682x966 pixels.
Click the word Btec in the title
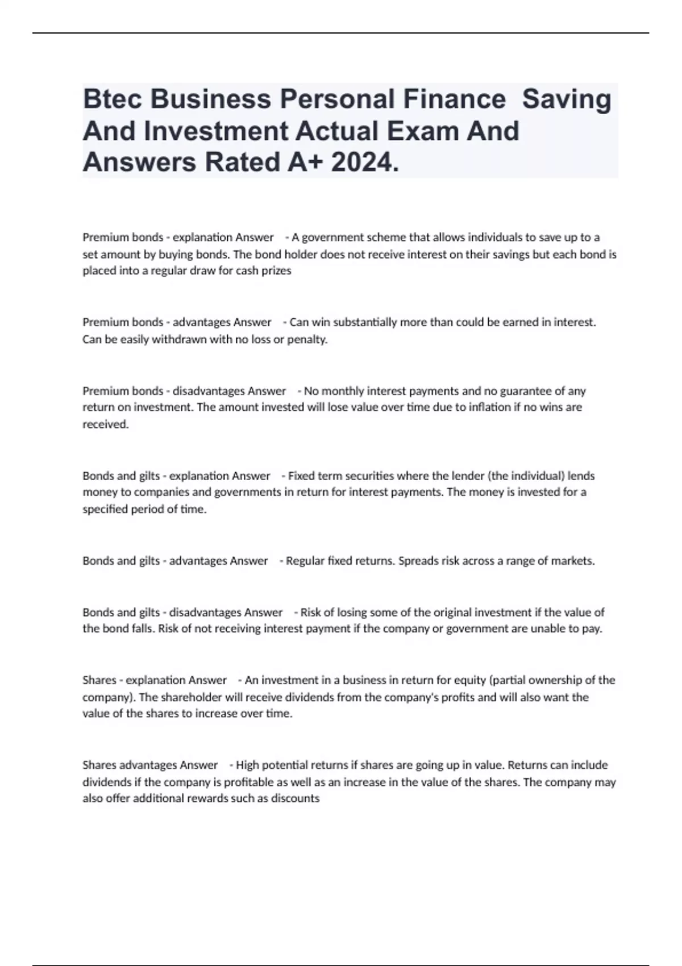coord(112,99)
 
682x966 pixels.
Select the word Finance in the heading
coord(454,99)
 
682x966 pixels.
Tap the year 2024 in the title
coord(364,163)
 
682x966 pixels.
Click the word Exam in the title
coord(422,131)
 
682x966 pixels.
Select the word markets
coord(572,561)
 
